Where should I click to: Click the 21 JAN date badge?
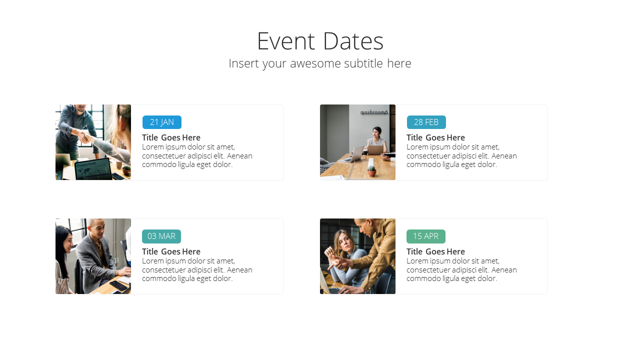pos(161,122)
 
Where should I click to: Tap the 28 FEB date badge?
pos(426,122)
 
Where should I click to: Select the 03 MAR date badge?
pos(161,236)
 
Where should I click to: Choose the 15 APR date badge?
pos(425,236)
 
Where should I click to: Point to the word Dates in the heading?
pos(353,41)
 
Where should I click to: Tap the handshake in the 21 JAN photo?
pos(83,136)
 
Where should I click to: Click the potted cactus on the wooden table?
pos(371,171)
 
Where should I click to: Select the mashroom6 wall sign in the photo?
pos(374,112)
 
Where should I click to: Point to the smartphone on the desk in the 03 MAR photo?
pos(118,285)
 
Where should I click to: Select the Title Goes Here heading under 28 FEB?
pos(435,137)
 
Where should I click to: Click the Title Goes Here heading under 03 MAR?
pos(171,251)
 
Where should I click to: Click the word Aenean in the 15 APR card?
pos(504,270)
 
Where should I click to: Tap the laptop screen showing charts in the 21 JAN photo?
pos(93,170)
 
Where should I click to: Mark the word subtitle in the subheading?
pos(363,63)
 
